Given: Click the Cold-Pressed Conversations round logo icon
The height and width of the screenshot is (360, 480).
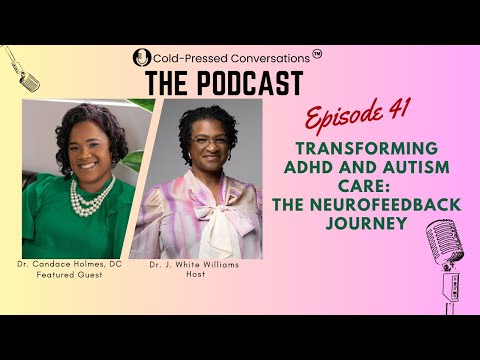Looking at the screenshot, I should pos(141,58).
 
